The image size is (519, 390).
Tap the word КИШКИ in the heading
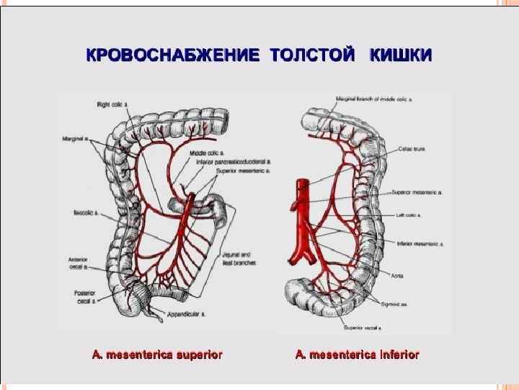tap(401, 56)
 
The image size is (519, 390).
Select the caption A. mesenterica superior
tap(156, 355)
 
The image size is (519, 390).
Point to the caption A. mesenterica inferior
tap(357, 355)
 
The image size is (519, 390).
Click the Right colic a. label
tap(112, 105)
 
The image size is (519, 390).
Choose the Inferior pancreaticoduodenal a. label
tap(233, 162)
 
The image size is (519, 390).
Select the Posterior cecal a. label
tap(84, 296)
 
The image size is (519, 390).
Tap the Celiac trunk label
tap(412, 149)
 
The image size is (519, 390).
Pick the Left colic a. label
tap(408, 214)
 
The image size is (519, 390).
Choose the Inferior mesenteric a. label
tap(420, 244)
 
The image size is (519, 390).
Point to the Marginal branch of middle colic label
tap(378, 97)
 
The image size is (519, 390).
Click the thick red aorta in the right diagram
tap(297, 217)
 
